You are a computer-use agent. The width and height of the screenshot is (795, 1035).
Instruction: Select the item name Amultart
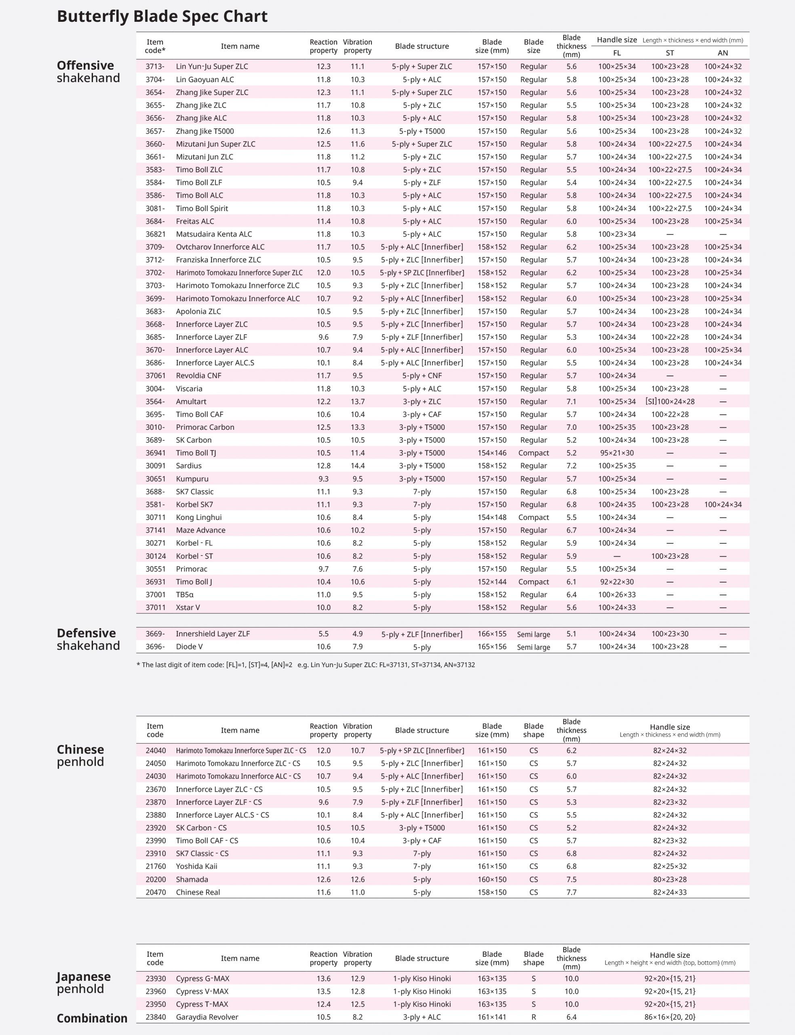[191, 401]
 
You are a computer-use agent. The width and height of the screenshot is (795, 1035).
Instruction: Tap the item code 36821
[155, 234]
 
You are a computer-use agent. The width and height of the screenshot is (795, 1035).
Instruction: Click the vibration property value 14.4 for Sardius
[357, 466]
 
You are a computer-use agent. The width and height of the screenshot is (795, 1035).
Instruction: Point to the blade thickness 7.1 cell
[571, 401]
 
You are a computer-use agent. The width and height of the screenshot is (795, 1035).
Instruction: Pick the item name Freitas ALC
[195, 221]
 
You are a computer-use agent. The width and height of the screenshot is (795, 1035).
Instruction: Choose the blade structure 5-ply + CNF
[422, 375]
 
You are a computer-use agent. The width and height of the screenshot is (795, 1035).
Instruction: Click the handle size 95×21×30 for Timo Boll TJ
[617, 453]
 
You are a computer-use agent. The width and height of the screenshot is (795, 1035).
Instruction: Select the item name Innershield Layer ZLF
[213, 634]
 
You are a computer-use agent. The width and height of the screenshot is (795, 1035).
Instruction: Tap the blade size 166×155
[491, 634]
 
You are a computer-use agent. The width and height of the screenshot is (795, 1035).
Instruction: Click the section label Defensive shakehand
[88, 639]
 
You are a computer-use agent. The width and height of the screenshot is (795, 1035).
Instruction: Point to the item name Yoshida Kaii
[196, 866]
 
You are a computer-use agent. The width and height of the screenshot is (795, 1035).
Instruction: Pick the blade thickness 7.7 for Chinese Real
[571, 892]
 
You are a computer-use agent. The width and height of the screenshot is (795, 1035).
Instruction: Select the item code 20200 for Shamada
[155, 879]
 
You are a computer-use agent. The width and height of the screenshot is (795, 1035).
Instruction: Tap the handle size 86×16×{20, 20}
[670, 1017]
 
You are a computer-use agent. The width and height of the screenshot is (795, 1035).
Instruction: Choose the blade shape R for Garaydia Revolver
[534, 1017]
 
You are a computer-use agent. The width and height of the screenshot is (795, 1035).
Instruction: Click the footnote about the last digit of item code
[305, 664]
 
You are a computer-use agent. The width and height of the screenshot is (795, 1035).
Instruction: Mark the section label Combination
[92, 1018]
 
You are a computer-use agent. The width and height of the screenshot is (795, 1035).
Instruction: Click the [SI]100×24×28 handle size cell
[670, 401]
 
